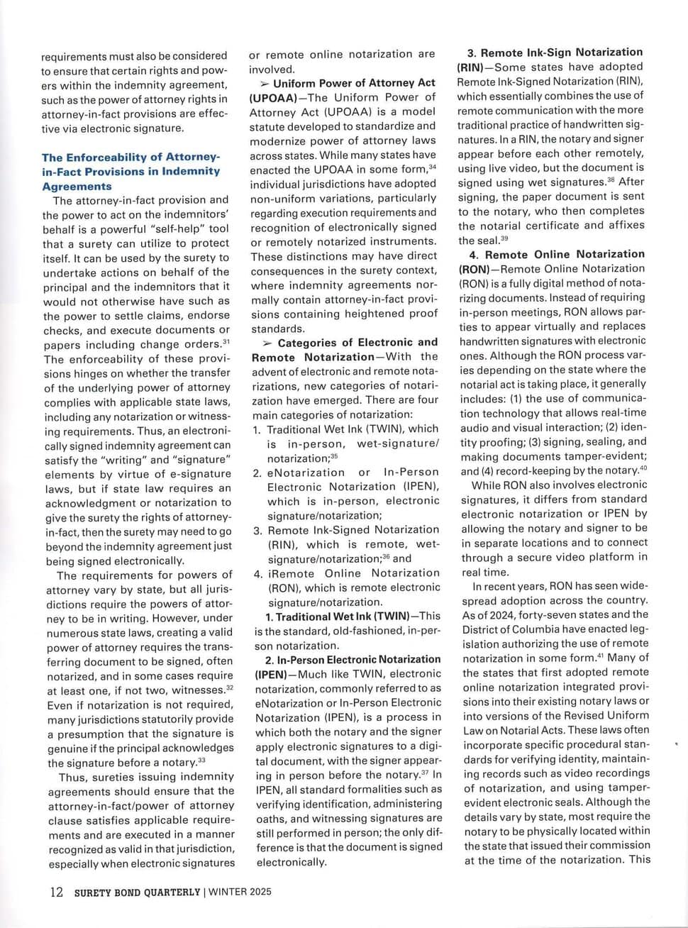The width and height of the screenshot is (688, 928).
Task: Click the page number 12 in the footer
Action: click(56, 892)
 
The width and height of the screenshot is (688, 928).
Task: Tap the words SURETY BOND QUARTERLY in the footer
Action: click(137, 893)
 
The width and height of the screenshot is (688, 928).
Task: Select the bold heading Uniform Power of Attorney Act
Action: click(354, 83)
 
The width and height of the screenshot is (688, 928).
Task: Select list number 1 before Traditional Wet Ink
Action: click(257, 429)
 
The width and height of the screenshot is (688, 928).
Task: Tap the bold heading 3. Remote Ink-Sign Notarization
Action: click(554, 53)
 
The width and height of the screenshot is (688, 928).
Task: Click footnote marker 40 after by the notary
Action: click(643, 468)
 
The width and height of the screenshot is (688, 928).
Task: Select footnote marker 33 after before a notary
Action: click(202, 761)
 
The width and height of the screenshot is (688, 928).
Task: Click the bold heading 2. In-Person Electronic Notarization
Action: click(348, 660)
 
